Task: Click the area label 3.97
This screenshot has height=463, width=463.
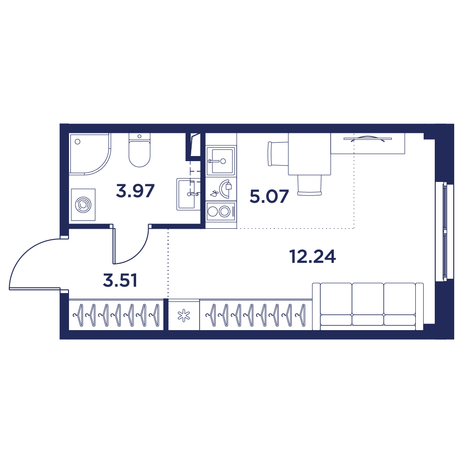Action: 135,191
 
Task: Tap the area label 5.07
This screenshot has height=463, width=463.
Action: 269,197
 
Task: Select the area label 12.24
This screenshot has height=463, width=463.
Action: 313,256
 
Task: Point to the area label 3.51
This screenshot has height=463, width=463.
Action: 120,280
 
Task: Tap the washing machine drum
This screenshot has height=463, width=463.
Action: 83,204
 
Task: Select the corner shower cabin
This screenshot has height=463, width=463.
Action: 88,153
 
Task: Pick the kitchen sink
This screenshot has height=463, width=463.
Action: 220,161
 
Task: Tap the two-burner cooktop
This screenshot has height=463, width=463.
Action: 219,212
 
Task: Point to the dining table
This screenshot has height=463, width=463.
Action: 310,154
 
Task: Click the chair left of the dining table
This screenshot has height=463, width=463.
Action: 278,154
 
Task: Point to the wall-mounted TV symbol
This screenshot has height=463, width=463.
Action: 368,138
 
